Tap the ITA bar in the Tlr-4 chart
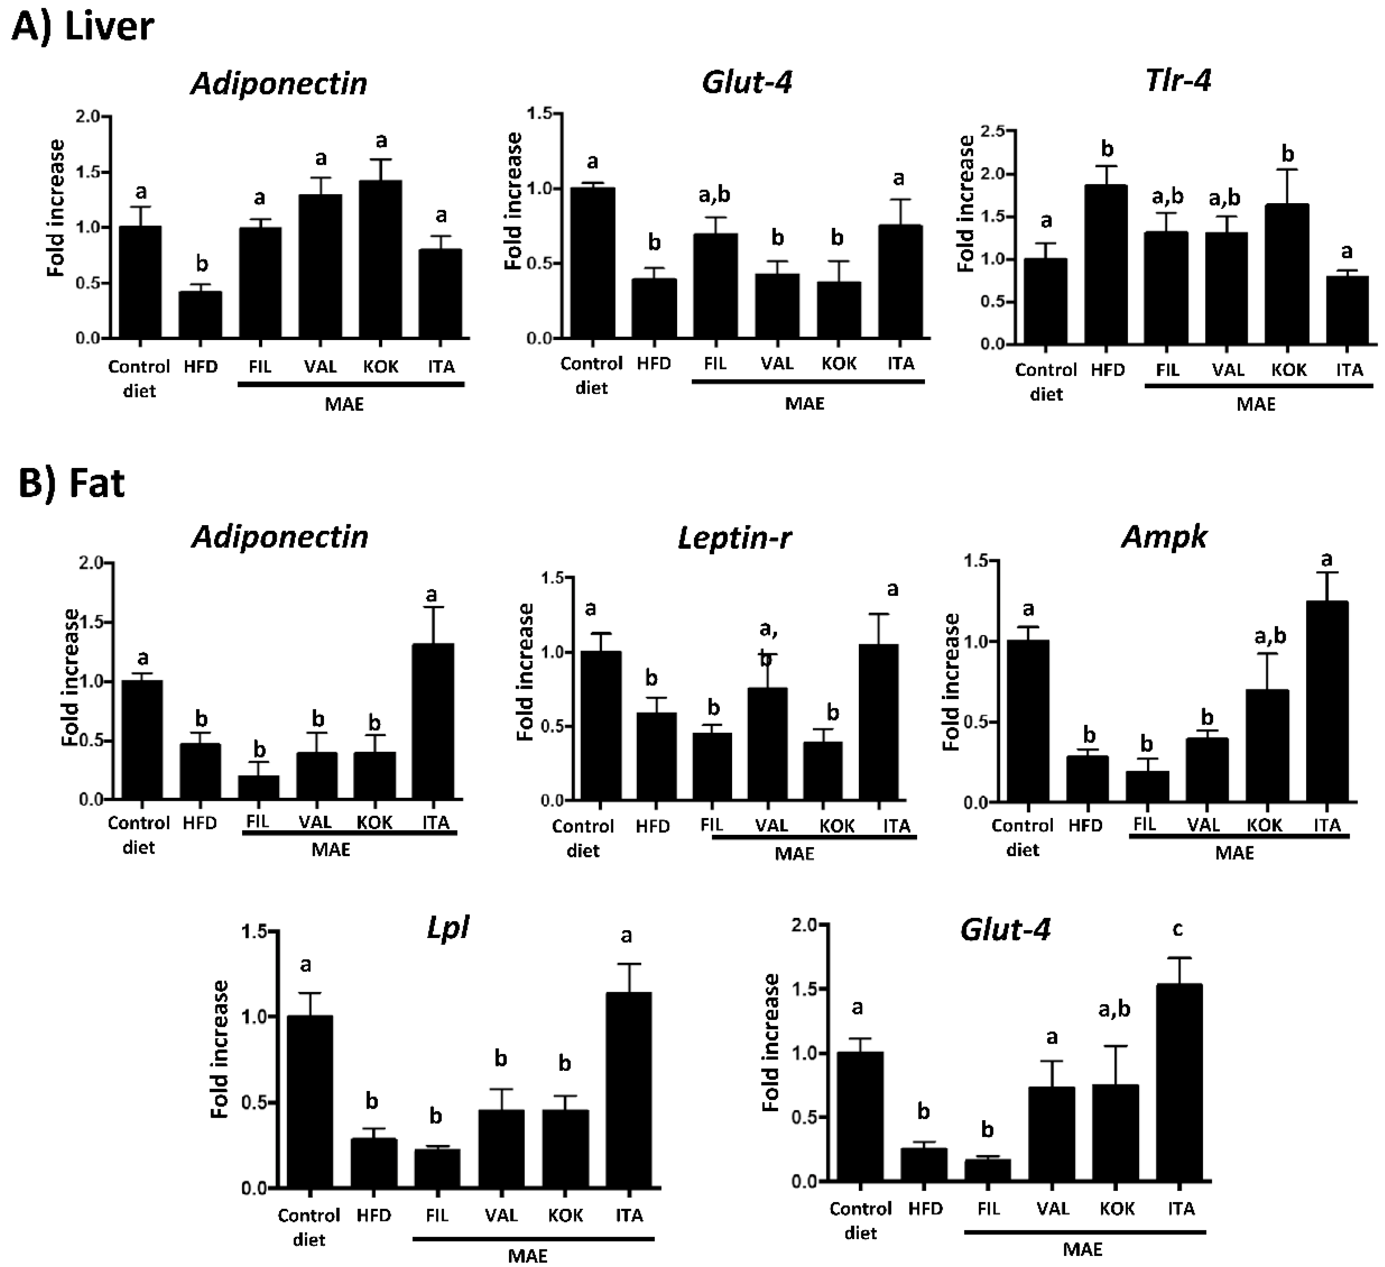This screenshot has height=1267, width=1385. [1348, 310]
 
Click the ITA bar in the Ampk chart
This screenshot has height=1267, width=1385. [1327, 702]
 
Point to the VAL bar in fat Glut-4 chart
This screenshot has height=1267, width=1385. [1052, 1134]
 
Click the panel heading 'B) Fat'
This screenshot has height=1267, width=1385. [72, 483]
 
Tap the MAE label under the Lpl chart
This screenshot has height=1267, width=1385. [527, 1256]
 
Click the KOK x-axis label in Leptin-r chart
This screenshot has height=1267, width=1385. [837, 826]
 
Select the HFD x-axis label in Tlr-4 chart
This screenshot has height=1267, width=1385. [1108, 371]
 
